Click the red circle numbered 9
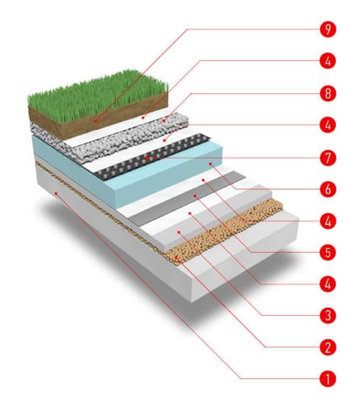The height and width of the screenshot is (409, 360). click(x=328, y=29)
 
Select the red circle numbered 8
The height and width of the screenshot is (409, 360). click(x=328, y=93)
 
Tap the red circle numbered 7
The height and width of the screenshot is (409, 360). click(x=328, y=158)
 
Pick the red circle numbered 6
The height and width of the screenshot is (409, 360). click(x=328, y=189)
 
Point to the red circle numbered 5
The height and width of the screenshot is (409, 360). click(x=328, y=252)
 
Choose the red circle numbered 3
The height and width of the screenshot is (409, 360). click(x=328, y=316)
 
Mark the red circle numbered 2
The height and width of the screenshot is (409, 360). click(x=328, y=347)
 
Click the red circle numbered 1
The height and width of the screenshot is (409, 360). click(x=328, y=379)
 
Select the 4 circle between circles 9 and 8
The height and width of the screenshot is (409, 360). click(x=328, y=61)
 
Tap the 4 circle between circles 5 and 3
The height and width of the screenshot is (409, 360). click(x=328, y=284)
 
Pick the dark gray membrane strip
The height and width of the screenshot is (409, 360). click(x=188, y=198)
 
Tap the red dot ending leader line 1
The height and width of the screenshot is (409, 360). click(x=55, y=193)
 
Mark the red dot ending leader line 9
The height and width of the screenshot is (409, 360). click(x=96, y=121)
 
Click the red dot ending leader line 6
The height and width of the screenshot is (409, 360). click(x=210, y=164)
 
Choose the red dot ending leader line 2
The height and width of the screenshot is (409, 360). click(x=176, y=257)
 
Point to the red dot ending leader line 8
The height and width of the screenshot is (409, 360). click(x=164, y=120)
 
